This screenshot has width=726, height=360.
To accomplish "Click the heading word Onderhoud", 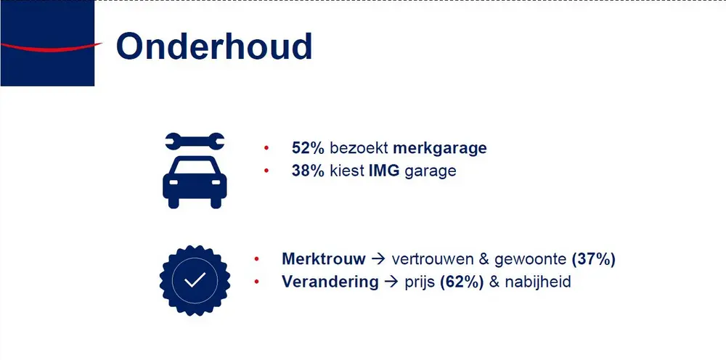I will [214, 46].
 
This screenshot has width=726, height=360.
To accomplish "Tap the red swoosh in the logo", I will [51, 47].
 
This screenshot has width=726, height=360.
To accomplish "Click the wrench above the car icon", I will [195, 141].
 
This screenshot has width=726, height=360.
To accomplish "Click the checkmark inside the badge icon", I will [194, 280].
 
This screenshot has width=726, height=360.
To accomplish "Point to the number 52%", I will [309, 148].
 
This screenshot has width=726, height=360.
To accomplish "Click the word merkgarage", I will [440, 148].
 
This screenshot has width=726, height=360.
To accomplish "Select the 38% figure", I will [309, 171].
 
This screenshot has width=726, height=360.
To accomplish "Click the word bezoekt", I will [359, 148].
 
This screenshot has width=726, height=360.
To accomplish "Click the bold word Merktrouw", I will [324, 259].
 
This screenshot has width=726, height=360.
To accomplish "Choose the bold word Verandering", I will [330, 282].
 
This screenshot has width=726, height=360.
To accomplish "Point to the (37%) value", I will [593, 259].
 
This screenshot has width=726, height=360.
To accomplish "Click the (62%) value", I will [462, 282].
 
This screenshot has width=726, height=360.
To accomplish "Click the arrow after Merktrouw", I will [378, 259].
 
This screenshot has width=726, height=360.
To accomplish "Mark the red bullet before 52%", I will [266, 149].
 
